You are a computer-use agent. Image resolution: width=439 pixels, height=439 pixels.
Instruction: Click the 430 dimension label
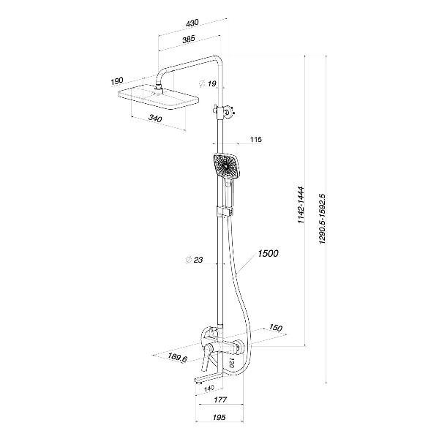pyautogui.click(x=192, y=23)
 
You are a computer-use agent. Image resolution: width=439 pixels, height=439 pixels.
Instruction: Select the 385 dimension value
pyautogui.click(x=189, y=39)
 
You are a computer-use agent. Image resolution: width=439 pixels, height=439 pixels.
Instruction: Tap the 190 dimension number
pyautogui.click(x=117, y=81)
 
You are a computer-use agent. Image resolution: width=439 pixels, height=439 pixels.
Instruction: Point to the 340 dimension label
pyautogui.click(x=155, y=118)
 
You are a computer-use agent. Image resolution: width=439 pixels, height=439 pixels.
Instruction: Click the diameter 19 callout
pyautogui.click(x=208, y=83)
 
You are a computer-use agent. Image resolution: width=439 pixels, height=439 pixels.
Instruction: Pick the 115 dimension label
pyautogui.click(x=255, y=139)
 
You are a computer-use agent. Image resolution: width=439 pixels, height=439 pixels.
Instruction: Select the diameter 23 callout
pyautogui.click(x=195, y=260)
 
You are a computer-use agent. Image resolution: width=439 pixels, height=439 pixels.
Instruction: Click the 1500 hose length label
pyautogui.click(x=268, y=253)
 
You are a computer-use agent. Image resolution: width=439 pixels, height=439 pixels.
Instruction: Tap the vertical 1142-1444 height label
pyautogui.click(x=301, y=205)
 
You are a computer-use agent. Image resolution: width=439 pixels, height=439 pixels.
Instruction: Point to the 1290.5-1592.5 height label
pyautogui.click(x=322, y=219)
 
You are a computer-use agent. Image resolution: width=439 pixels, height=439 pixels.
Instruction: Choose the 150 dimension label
pyautogui.click(x=276, y=328)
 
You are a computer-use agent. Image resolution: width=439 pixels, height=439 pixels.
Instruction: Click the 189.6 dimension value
pyautogui.click(x=178, y=358)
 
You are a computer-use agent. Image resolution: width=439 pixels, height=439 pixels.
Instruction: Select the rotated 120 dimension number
pyautogui.click(x=231, y=362)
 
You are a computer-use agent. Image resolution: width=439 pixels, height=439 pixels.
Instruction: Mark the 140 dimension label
pyautogui.click(x=209, y=388)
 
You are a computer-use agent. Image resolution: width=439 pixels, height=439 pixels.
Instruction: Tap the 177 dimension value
pyautogui.click(x=220, y=399)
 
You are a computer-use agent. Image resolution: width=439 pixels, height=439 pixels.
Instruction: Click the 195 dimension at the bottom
pyautogui.click(x=219, y=418)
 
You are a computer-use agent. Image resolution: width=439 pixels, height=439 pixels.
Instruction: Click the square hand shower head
pyautogui.click(x=225, y=166)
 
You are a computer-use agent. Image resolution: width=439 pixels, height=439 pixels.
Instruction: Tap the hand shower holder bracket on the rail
pyautogui.click(x=225, y=211)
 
